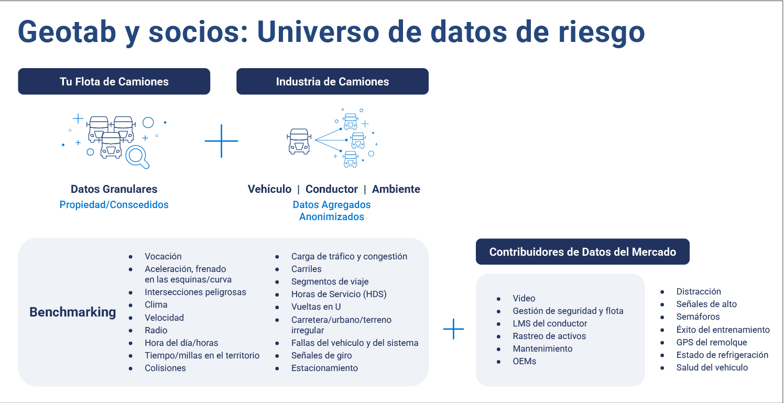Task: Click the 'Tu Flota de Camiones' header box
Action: pos(114,81)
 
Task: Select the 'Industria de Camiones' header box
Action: pos(332,81)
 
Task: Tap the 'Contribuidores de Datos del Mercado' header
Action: pos(582,252)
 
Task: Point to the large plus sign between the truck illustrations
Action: pos(221,141)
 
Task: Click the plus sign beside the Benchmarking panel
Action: pos(453,329)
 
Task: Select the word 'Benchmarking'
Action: pos(72,312)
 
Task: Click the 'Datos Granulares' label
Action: pos(114,189)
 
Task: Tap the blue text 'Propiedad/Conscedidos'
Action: pos(114,204)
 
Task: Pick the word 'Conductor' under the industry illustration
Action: pos(331,189)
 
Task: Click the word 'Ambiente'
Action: pos(396,189)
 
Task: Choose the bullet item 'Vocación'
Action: pos(163,256)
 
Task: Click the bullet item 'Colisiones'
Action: pos(165,368)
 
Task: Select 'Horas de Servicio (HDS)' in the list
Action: pos(339,294)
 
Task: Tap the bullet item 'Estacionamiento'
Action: pos(324,368)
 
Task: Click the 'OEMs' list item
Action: pos(524,361)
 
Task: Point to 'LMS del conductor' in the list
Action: pos(550,323)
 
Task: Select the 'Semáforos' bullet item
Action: pos(698,317)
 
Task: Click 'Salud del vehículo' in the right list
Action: pos(712,367)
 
